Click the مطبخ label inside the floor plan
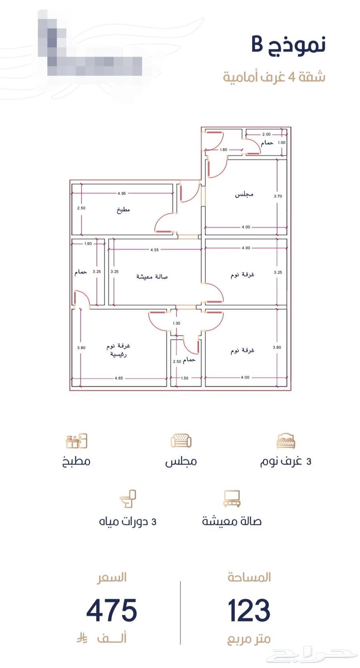[x=123, y=210]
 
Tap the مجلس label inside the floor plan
[x=244, y=195]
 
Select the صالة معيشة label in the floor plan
[x=152, y=277]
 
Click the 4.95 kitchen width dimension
[x=122, y=193]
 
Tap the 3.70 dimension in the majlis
[x=278, y=196]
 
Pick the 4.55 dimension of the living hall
[x=154, y=250]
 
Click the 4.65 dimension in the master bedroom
[x=119, y=378]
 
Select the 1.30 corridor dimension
[x=176, y=323]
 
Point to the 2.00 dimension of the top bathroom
[x=266, y=134]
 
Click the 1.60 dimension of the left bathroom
[x=88, y=243]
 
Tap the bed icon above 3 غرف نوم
[x=286, y=441]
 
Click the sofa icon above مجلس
[x=181, y=441]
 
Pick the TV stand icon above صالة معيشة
[x=232, y=499]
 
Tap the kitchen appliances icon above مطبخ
[x=76, y=441]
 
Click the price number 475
[x=112, y=610]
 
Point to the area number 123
[x=249, y=610]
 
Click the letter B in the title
[x=257, y=44]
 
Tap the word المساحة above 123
[x=249, y=577]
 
